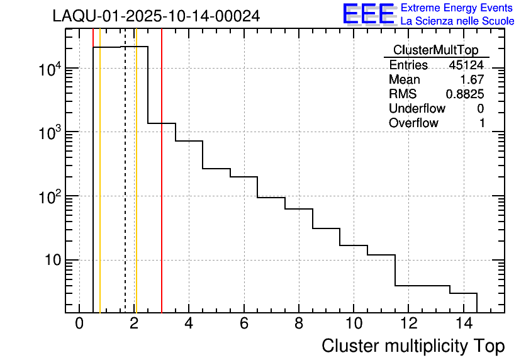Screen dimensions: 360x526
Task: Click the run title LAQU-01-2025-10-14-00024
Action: coord(156,16)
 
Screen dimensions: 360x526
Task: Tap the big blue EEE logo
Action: coord(369,14)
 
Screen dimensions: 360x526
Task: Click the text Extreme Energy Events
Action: coord(456,8)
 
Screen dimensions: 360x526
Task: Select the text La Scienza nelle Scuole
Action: coord(457,21)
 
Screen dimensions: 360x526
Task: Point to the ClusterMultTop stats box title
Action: coord(436,50)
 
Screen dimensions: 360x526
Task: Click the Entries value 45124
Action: coord(466,65)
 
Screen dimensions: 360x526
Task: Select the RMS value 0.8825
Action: coord(465,94)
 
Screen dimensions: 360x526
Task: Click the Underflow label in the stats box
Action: coord(417,109)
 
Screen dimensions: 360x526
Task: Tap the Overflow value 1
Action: coord(482,123)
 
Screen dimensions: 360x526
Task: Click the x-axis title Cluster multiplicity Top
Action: coord(413,346)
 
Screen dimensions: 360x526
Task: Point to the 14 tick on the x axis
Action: coord(463,323)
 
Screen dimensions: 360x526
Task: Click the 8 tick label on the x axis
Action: coord(299,323)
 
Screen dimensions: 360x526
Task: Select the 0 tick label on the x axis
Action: coord(79,323)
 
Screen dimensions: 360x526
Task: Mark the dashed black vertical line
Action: coord(125,189)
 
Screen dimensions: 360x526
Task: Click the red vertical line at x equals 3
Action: coord(162,189)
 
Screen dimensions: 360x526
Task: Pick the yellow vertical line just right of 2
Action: coord(136,189)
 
